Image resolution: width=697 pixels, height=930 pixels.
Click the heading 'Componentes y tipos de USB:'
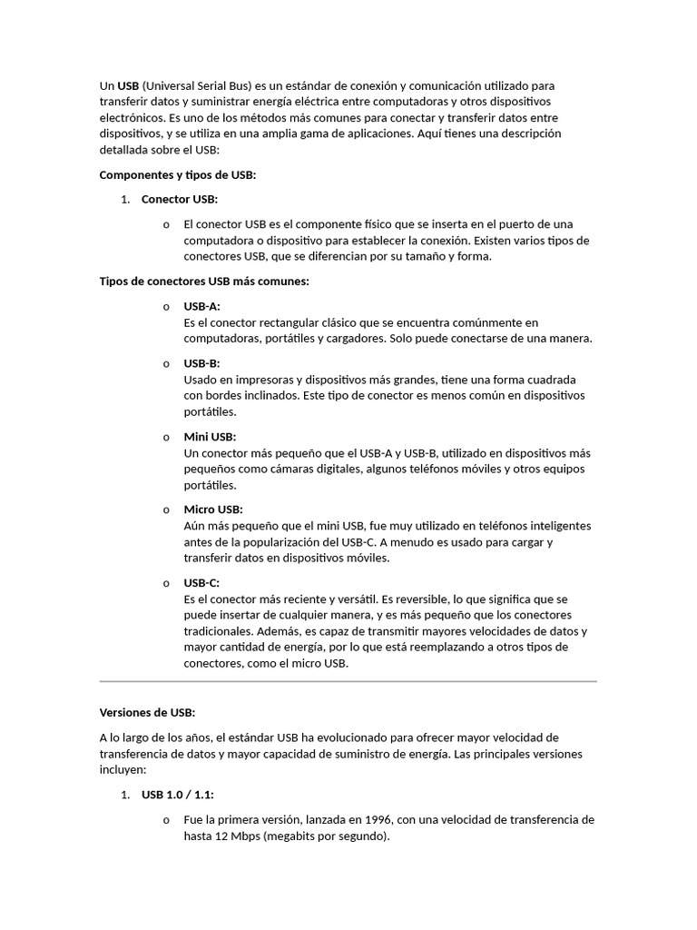(178, 175)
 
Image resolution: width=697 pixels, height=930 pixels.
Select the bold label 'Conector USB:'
(180, 199)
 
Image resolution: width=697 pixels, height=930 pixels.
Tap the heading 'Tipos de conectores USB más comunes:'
(204, 282)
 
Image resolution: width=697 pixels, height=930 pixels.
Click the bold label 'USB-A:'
(201, 306)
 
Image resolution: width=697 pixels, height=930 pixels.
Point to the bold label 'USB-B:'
(201, 363)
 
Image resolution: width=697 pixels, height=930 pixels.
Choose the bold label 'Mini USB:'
(210, 437)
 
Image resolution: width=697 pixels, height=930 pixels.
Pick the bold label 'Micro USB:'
(213, 510)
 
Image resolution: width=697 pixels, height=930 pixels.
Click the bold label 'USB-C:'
(201, 583)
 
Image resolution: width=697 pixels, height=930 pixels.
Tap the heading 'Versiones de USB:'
(147, 712)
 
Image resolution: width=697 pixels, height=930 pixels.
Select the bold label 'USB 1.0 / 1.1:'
(178, 795)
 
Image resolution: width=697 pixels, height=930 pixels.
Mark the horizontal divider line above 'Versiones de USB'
(348, 681)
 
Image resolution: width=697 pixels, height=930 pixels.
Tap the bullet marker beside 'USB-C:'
(166, 583)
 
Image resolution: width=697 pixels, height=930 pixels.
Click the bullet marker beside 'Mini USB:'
(166, 437)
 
